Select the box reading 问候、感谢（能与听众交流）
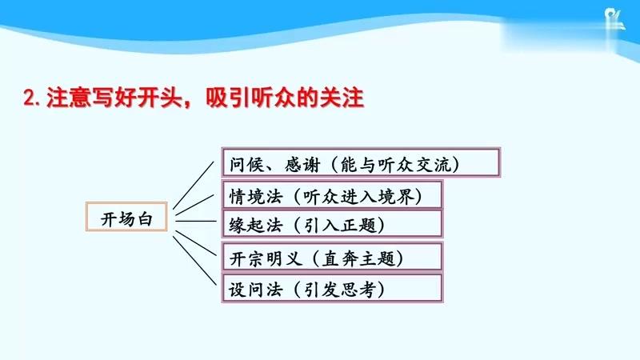(360, 163)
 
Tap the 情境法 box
(331, 195)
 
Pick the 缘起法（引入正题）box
(331, 225)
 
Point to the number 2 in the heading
(29, 99)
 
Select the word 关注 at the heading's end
(345, 99)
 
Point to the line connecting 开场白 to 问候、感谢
(196, 184)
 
